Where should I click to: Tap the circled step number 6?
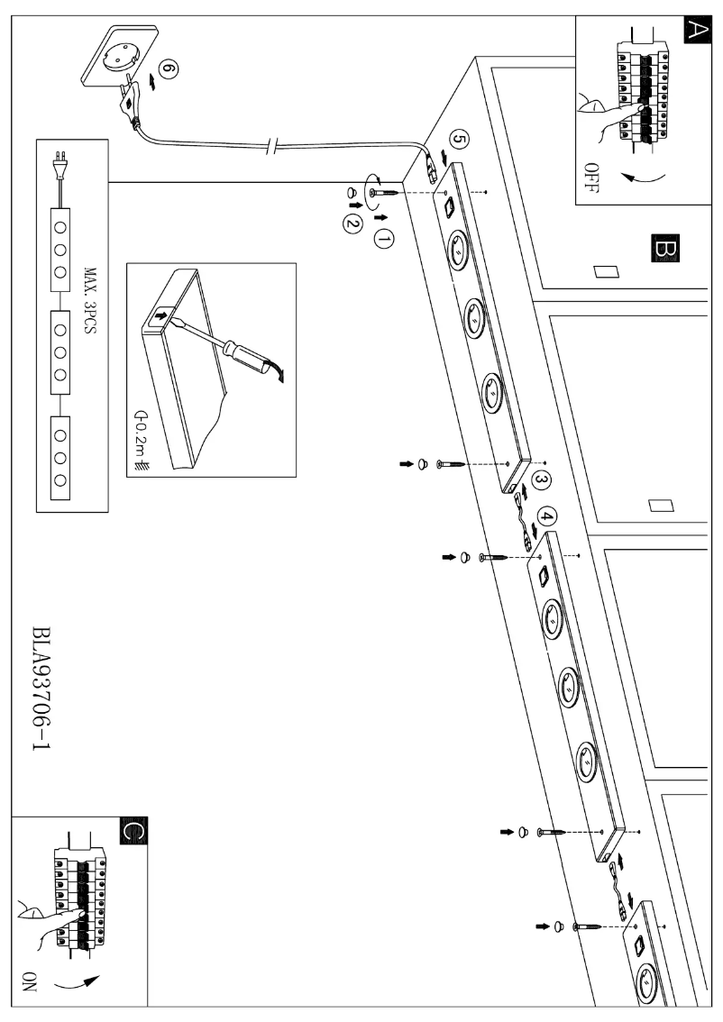pos(165,68)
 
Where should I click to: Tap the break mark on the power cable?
pos(270,151)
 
